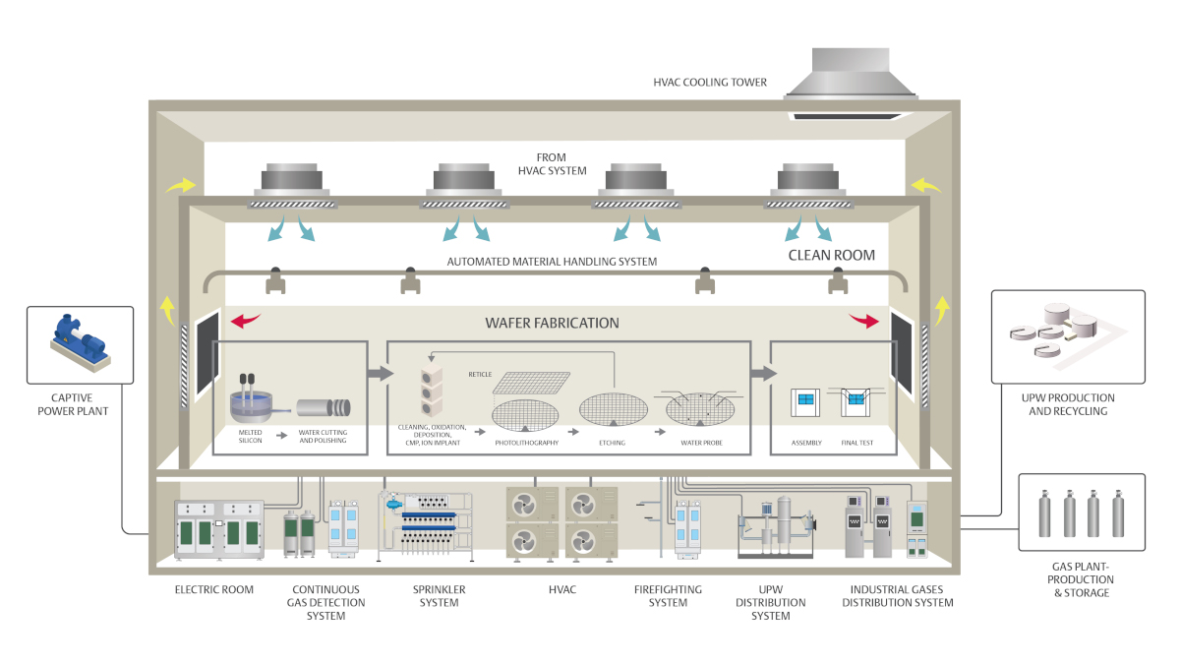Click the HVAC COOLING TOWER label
[710, 82]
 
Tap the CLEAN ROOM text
[831, 255]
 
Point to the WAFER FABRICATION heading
[552, 323]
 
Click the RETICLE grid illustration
[532, 383]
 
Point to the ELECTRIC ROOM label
[214, 590]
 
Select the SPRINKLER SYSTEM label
[439, 596]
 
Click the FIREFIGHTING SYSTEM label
[675, 596]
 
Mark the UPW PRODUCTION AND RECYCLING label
[1068, 404]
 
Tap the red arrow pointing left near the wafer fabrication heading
[246, 321]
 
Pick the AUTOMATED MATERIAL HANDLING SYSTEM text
[552, 262]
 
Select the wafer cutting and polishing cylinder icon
[324, 406]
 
